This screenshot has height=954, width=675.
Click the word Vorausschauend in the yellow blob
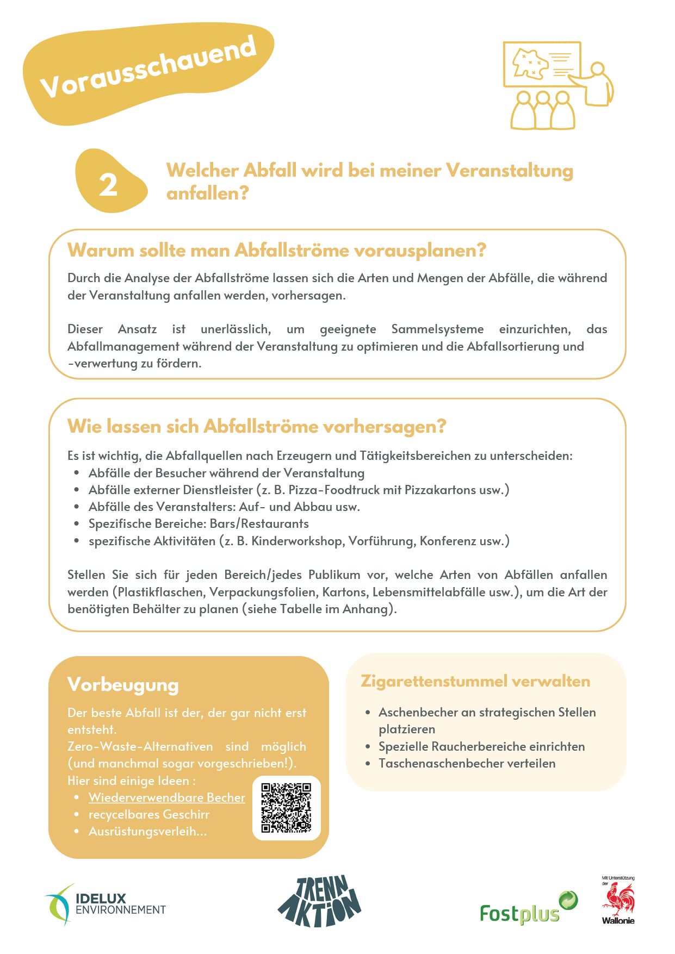[x=148, y=67]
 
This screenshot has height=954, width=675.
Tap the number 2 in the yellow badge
[x=108, y=185]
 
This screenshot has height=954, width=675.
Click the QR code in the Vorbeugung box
[x=286, y=808]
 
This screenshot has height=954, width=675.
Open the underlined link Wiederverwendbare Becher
[x=166, y=797]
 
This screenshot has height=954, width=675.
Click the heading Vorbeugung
[x=123, y=685]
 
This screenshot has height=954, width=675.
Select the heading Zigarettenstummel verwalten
[x=475, y=681]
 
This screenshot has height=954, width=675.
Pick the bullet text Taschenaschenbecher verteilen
[x=467, y=763]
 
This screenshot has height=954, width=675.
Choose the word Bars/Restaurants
[x=259, y=523]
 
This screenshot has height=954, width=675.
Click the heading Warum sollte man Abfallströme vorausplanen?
[x=276, y=251]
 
